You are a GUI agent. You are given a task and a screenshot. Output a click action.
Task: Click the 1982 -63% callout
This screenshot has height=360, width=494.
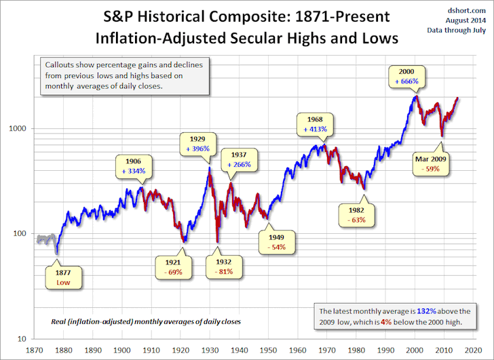click(x=357, y=215)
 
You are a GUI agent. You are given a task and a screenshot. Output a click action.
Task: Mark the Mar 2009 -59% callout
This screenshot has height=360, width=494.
click(x=430, y=165)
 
